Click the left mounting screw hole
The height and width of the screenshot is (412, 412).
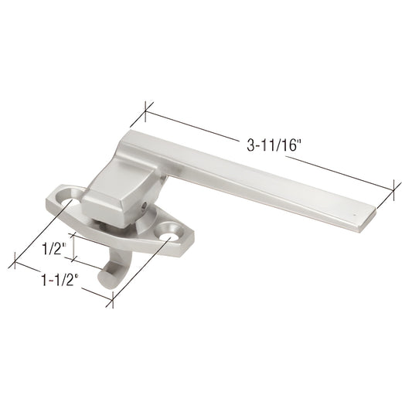69,203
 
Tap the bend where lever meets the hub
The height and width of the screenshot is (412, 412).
158,166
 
